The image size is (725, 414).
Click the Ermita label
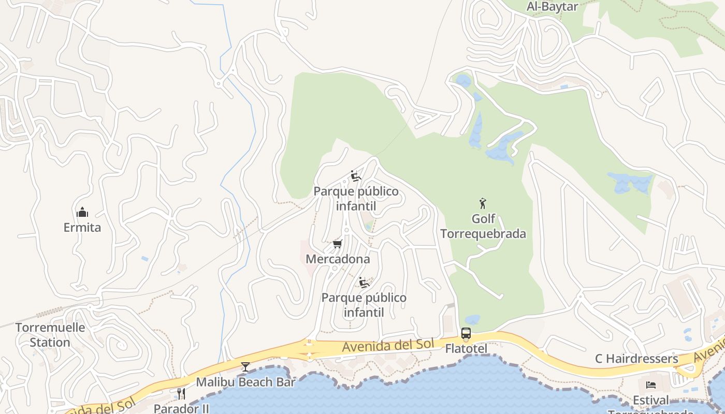pyautogui.click(x=82, y=228)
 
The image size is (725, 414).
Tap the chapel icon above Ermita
pyautogui.click(x=82, y=212)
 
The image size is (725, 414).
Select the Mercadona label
pyautogui.click(x=338, y=259)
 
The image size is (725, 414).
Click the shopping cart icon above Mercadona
pyautogui.click(x=338, y=244)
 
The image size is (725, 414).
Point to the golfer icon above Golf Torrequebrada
pyautogui.click(x=483, y=203)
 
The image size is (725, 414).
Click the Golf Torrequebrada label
pyautogui.click(x=483, y=227)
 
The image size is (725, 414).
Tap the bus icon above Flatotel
pyautogui.click(x=466, y=333)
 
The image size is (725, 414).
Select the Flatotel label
pyautogui.click(x=466, y=349)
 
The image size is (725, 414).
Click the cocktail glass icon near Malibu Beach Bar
pyautogui.click(x=245, y=367)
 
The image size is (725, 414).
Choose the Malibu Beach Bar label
pyautogui.click(x=245, y=382)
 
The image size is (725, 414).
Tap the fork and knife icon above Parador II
pyautogui.click(x=181, y=394)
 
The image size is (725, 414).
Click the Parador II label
pyautogui.click(x=181, y=408)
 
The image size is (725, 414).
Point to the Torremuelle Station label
pyautogui.click(x=50, y=335)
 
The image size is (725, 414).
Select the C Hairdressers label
pyautogui.click(x=636, y=359)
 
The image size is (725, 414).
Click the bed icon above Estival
pyautogui.click(x=651, y=385)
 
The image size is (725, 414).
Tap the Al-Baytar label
pyautogui.click(x=552, y=7)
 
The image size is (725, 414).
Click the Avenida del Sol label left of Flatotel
pyautogui.click(x=381, y=346)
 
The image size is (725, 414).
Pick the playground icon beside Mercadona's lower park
pyautogui.click(x=364, y=283)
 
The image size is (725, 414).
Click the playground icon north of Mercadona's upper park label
pyautogui.click(x=356, y=176)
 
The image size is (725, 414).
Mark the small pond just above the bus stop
pyautogui.click(x=472, y=320)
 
